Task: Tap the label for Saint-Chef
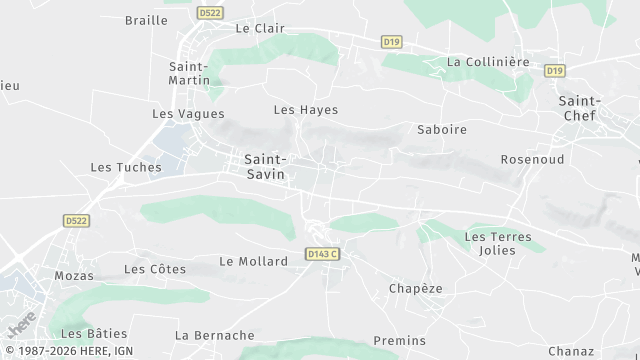point(579,108)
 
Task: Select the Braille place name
point(146,20)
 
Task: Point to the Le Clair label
point(255,29)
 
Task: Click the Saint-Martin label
point(188,73)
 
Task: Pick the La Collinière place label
point(488,62)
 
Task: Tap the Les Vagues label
point(188,114)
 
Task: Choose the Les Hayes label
point(306,110)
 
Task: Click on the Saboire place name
point(442,130)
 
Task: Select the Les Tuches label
point(126,168)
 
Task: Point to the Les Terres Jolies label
point(491,243)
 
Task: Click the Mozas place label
point(75,275)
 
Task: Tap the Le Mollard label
point(253,262)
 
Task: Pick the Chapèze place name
point(416,289)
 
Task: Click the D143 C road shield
point(322,255)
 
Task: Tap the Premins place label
point(400,341)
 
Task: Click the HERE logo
point(20,325)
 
